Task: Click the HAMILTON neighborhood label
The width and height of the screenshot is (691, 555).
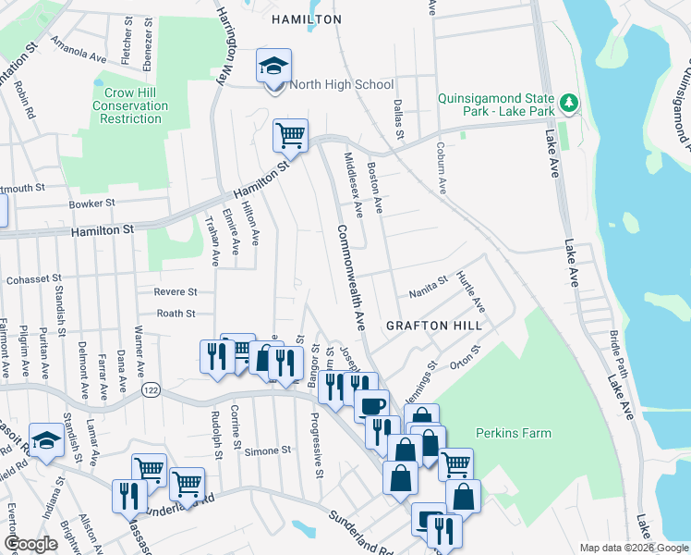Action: coord(306,18)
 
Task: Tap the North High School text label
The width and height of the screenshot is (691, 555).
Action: coord(342,84)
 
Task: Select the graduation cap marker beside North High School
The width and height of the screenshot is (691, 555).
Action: coord(273,67)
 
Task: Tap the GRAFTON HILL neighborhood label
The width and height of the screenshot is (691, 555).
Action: coord(434,326)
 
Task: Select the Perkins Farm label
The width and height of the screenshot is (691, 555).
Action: coord(513,433)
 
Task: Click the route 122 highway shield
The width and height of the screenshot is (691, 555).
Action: coord(150,391)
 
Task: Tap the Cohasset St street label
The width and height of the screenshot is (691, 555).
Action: coord(33,277)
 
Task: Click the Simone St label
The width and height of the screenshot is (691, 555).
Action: coord(268,450)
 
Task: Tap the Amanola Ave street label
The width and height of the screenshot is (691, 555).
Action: coord(79,55)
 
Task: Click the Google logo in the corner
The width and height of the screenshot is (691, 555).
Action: coord(30,544)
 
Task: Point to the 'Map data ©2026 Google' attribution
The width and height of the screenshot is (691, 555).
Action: coord(633,548)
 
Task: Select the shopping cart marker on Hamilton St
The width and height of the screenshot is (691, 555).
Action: coord(290,136)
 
